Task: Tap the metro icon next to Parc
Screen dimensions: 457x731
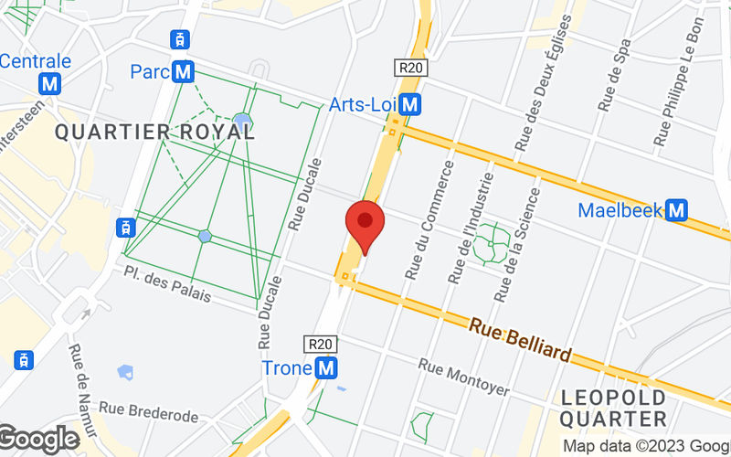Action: (185, 70)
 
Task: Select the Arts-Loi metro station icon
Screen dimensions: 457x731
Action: (411, 105)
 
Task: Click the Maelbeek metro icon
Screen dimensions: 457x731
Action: (676, 211)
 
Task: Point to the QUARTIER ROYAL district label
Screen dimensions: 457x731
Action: (154, 132)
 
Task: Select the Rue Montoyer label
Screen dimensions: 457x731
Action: (464, 377)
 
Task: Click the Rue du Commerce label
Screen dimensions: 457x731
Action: (429, 220)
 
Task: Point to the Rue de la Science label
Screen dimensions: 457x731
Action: (515, 247)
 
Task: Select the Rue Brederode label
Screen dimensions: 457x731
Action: (149, 416)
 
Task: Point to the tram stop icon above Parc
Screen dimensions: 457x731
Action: (181, 39)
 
